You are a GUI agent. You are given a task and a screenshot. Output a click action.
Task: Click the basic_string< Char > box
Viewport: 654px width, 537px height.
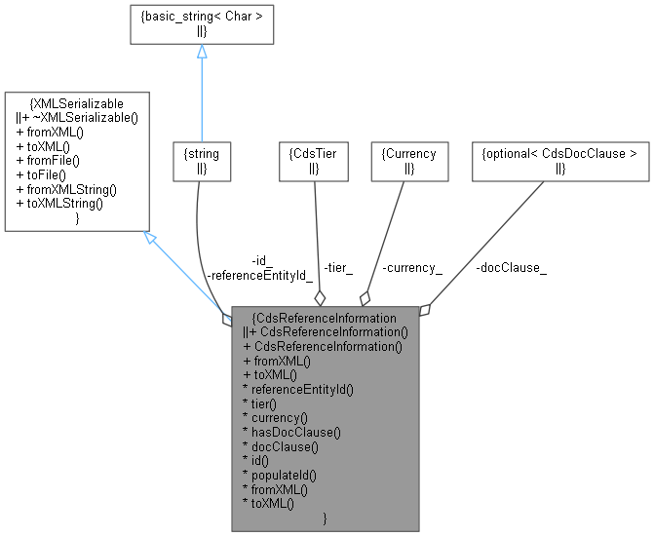(202, 23)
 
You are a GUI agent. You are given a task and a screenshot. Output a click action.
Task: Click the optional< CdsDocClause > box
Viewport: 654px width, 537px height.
(560, 161)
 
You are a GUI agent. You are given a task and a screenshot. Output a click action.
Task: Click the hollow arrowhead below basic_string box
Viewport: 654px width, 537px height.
(202, 52)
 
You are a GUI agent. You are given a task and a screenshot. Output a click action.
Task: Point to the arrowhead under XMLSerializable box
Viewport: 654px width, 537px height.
(150, 237)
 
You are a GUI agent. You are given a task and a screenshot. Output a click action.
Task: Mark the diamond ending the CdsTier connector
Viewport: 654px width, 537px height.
(319, 298)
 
